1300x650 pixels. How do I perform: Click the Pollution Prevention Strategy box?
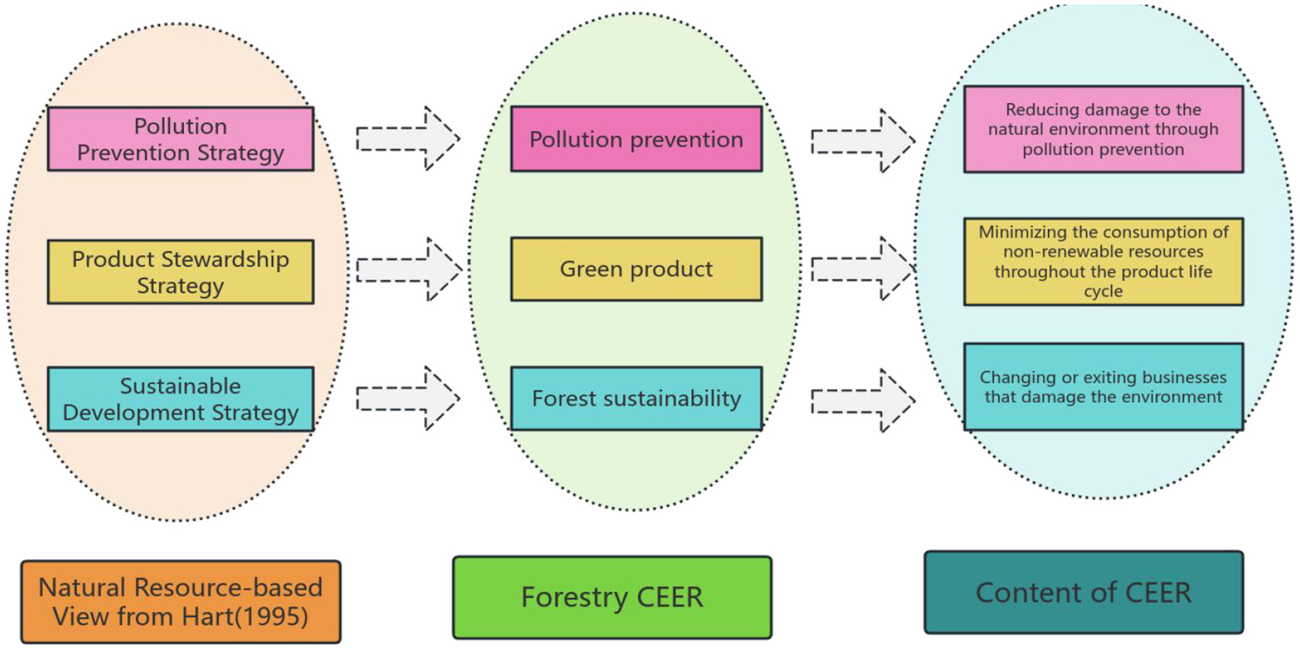point(180,139)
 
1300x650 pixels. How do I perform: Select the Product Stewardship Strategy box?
point(180,271)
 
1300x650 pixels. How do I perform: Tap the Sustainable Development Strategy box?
point(180,398)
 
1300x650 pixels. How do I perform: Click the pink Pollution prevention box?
point(636,139)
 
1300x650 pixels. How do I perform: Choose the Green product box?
point(636,269)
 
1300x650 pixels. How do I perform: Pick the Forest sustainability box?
point(636,398)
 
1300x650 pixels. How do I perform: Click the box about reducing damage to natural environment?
point(1103,129)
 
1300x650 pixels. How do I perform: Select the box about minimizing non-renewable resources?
point(1103,261)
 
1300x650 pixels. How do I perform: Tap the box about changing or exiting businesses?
point(1103,387)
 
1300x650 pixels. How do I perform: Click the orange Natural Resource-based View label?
point(180,602)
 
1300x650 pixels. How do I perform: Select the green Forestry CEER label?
point(612,597)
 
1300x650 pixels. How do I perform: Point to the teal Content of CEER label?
point(1084,592)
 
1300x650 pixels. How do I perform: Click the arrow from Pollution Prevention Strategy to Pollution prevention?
point(408,138)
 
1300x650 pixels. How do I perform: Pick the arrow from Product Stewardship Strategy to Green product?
point(408,269)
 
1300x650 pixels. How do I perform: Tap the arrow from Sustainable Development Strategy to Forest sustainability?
point(408,398)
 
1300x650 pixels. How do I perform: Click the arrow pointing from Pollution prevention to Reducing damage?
point(863,141)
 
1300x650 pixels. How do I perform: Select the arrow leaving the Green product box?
point(863,269)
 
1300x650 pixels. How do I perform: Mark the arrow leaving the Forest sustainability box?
point(863,401)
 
